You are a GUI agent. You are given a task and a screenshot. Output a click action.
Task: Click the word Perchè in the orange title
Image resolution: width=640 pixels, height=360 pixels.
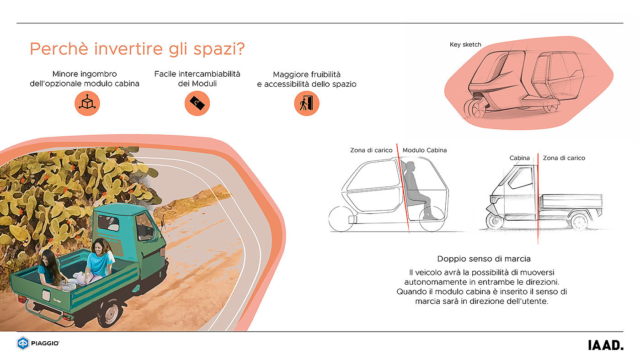point(59,48)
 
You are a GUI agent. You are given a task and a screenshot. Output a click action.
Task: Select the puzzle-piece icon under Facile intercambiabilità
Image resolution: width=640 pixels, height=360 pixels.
point(197,103)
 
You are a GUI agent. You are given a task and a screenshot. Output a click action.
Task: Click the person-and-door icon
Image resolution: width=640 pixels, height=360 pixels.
point(307,103)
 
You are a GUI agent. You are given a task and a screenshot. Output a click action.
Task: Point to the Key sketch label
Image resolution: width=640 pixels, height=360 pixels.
point(465,44)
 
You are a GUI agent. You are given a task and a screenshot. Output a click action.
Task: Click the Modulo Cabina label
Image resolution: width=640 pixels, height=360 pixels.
point(425,150)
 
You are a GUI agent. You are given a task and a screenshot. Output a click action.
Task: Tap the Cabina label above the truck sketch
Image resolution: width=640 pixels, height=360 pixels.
point(519,158)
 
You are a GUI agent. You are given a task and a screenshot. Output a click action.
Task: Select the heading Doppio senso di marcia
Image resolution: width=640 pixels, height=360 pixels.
point(484,259)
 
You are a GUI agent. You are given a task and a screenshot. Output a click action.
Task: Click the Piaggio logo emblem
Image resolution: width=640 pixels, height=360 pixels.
point(23,343)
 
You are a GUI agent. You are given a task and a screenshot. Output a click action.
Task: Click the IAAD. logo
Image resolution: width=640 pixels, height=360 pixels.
point(606,345)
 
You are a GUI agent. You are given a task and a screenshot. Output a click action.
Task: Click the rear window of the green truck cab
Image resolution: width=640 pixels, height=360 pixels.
point(109,223)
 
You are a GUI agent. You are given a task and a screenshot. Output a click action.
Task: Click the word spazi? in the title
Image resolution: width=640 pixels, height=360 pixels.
point(219,49)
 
